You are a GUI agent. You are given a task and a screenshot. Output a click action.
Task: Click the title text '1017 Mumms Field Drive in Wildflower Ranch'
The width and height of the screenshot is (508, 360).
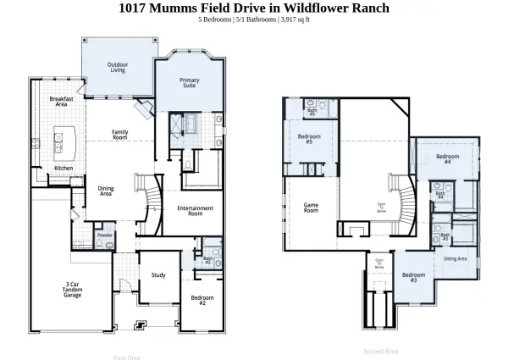click(x=254, y=8)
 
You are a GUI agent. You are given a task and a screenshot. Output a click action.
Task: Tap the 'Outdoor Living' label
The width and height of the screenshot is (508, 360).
click(x=118, y=67)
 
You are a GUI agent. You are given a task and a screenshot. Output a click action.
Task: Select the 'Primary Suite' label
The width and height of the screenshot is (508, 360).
click(x=190, y=83)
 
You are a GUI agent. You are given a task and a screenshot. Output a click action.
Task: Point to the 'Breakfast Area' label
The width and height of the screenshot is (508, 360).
click(x=62, y=102)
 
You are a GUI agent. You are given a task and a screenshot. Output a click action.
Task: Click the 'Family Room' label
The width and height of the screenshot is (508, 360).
click(x=120, y=134)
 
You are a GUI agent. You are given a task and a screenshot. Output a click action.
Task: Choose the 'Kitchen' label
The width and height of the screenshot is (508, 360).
click(x=64, y=169)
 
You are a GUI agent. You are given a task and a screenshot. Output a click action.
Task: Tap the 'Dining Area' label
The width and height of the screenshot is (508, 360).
click(x=106, y=191)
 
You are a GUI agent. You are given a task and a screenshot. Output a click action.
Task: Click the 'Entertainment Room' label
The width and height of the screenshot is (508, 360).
click(x=195, y=210)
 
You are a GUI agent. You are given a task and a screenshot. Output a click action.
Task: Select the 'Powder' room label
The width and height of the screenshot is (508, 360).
click(x=105, y=235)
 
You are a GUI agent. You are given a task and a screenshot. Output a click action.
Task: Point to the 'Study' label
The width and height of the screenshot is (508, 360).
click(x=158, y=275)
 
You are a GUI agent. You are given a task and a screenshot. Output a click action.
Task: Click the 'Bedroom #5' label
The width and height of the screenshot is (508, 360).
click(x=309, y=139)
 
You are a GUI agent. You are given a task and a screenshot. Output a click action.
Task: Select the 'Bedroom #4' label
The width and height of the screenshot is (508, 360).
click(x=448, y=158)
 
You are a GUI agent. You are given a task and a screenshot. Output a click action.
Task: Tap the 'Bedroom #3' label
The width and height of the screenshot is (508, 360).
click(x=413, y=277)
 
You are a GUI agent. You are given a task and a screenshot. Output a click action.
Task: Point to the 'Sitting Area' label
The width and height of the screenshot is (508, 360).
click(x=456, y=259)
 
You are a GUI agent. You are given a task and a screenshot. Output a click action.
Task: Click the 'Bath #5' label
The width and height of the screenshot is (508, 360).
click(x=312, y=111)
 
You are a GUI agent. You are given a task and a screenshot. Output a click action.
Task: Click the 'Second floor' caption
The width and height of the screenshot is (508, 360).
click(x=381, y=351)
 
